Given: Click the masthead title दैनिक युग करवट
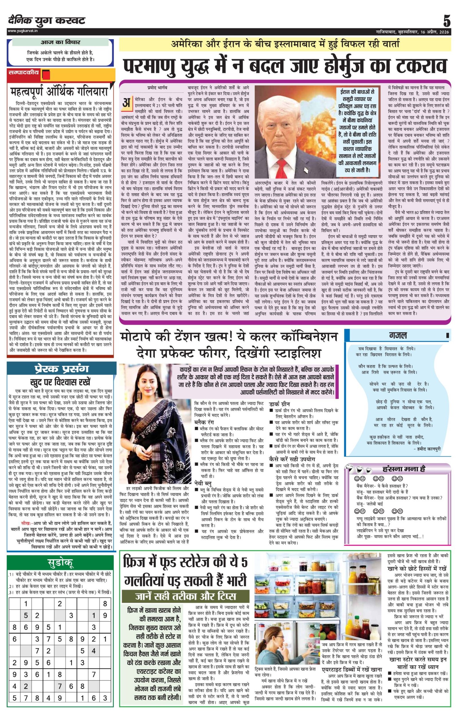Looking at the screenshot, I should pyautogui.click(x=47, y=21).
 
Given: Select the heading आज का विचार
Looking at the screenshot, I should pyautogui.click(x=60, y=42).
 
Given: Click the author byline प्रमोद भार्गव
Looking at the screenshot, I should pyautogui.click(x=157, y=88).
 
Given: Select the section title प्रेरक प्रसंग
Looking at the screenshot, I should pyautogui.click(x=60, y=369).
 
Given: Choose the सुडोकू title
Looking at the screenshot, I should pyautogui.click(x=60, y=563).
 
